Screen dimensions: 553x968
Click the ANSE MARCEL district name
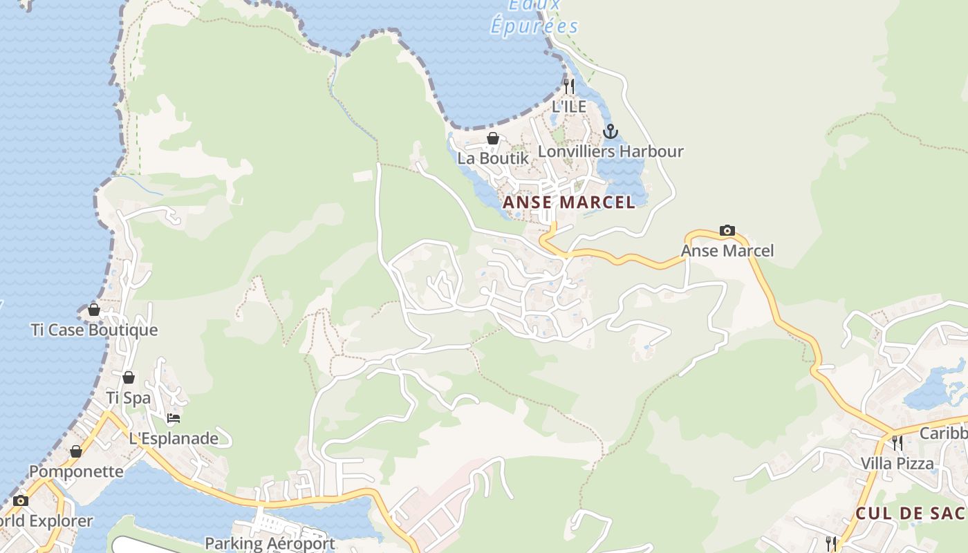coord(568,203)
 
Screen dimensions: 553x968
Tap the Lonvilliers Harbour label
coord(611,151)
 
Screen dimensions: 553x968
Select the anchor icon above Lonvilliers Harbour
coord(610,131)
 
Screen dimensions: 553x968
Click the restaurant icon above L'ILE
coord(569,86)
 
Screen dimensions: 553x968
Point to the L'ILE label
coord(569,106)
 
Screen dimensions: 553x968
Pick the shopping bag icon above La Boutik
coord(493,138)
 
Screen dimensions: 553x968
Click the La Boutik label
coord(493,158)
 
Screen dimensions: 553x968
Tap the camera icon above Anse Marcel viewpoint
coord(727,230)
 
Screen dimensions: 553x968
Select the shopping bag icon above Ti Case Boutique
coord(94,310)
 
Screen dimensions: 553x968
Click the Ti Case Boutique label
coord(95,330)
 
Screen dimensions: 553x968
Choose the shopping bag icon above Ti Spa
coord(129,377)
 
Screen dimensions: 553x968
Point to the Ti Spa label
coord(129,397)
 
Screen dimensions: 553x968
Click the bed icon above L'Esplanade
coord(174,418)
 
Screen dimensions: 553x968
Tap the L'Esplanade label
coord(174,438)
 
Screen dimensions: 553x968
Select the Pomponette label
coord(76,471)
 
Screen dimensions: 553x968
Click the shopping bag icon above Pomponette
coord(76,451)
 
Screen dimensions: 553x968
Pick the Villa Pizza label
coord(897,463)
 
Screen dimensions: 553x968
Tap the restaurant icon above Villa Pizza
coord(897,443)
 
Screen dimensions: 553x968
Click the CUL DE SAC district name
coord(910,514)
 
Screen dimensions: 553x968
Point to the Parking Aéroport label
coord(270,543)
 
